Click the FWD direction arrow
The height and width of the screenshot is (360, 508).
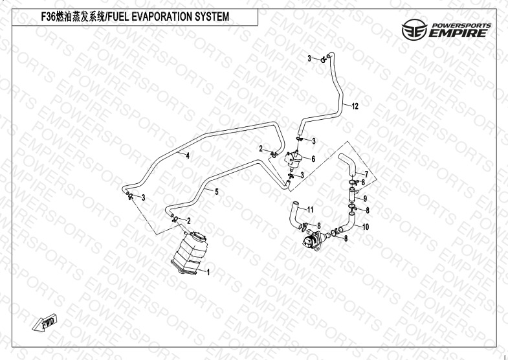point(45,322)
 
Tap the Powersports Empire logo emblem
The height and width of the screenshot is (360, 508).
point(414,30)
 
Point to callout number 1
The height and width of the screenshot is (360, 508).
point(208,272)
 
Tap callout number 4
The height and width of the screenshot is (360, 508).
point(188,156)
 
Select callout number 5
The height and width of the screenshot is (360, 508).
point(217,192)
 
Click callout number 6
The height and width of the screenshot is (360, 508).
point(313,159)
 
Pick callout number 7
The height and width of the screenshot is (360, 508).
point(366,175)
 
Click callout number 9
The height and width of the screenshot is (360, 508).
point(365,198)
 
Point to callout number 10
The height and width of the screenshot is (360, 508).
point(366,227)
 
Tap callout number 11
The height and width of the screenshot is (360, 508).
point(311,210)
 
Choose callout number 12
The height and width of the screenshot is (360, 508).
point(355,106)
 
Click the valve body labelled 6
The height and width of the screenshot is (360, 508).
point(293,159)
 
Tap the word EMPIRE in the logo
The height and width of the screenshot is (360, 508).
point(458,33)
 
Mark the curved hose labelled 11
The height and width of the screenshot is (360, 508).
point(296,215)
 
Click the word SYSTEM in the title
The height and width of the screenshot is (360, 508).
point(212,17)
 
